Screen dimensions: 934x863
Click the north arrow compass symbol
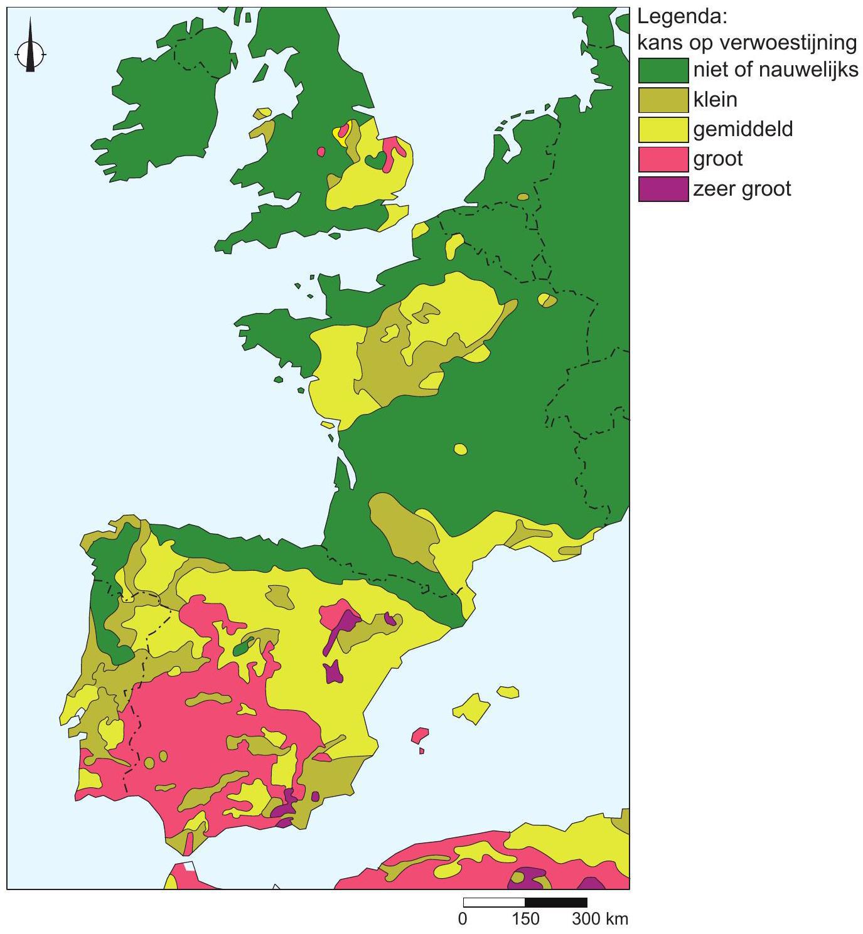click(x=29, y=53)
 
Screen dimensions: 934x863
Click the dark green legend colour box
click(x=663, y=70)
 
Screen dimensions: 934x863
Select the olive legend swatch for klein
click(x=663, y=100)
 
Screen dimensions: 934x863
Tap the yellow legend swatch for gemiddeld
click(x=663, y=129)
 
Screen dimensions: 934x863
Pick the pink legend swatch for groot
click(x=663, y=159)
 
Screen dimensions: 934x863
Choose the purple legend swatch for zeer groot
click(x=663, y=189)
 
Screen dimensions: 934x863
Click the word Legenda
click(x=682, y=17)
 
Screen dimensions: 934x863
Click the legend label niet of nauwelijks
click(x=775, y=70)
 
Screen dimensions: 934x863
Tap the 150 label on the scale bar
click(x=525, y=919)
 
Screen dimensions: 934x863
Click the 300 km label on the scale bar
click(x=599, y=919)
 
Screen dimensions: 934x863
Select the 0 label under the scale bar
click(x=463, y=919)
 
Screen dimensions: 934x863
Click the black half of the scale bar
click(x=555, y=903)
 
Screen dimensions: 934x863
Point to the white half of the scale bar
click(x=494, y=903)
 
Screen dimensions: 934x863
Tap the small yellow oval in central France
click(x=461, y=449)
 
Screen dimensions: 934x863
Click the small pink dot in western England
click(x=321, y=151)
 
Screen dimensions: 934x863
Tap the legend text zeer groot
click(x=742, y=189)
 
